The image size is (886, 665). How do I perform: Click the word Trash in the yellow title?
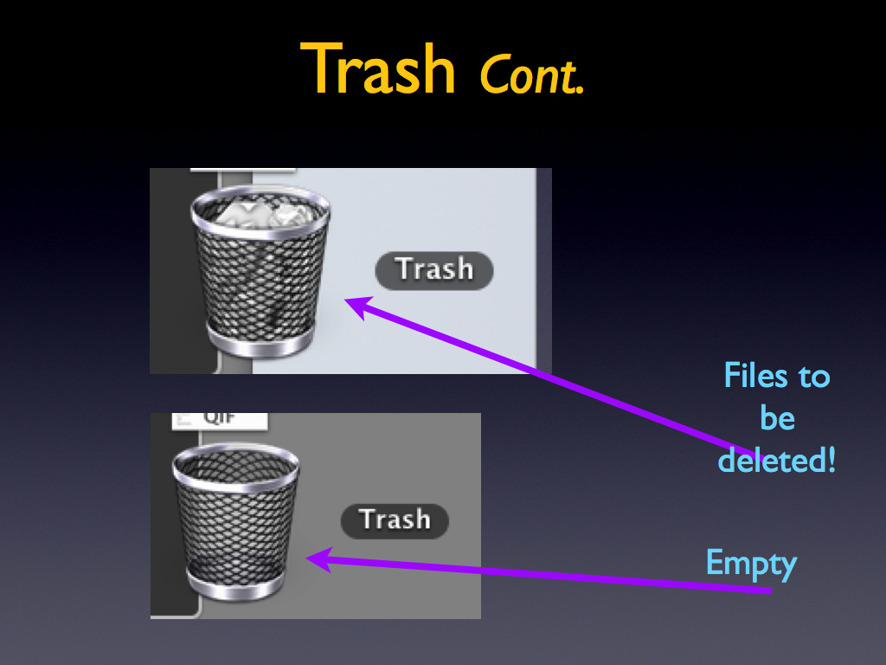point(377,69)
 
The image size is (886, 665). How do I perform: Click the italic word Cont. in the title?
point(531,74)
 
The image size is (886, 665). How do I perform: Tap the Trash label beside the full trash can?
point(434,270)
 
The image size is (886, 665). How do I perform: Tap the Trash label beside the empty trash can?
point(395,520)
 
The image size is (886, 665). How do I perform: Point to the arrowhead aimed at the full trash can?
point(358,306)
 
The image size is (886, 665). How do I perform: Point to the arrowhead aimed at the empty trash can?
point(319,559)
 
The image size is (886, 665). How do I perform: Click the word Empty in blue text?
point(752,565)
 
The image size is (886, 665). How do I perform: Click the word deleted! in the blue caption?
point(776,460)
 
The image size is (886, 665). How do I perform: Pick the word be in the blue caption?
point(778,418)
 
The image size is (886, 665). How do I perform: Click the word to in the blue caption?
point(814,377)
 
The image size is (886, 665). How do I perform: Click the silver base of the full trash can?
point(260,341)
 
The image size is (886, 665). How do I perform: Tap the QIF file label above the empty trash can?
point(220,420)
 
